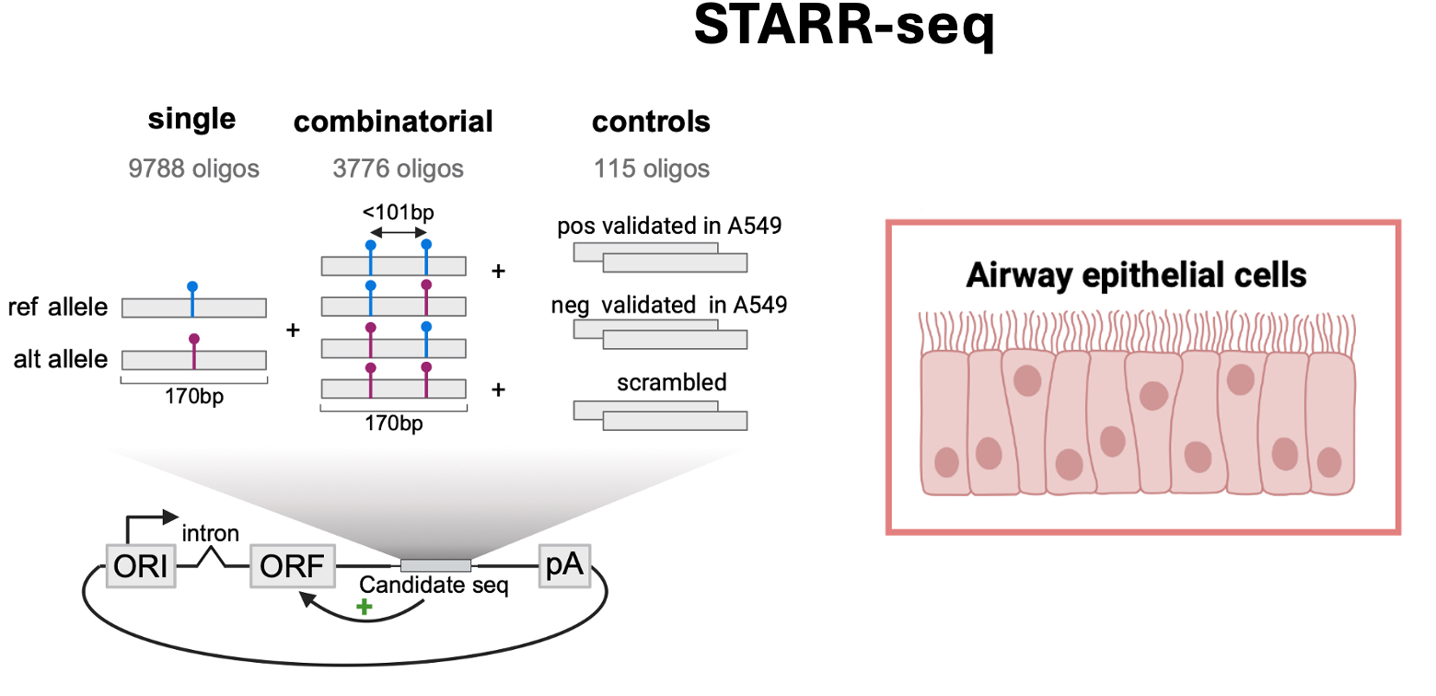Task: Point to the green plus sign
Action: [365, 608]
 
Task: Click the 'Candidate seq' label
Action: [434, 586]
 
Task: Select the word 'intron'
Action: [211, 533]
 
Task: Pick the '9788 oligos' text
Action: [194, 168]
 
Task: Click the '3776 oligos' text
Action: [398, 168]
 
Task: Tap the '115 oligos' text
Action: [652, 168]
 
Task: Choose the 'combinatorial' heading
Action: [393, 122]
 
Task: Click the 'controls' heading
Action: [651, 122]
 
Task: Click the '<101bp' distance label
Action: [398, 213]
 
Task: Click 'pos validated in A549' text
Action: [669, 226]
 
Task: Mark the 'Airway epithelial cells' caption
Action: [1136, 274]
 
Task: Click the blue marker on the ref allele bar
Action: [192, 287]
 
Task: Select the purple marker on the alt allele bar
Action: [193, 339]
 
